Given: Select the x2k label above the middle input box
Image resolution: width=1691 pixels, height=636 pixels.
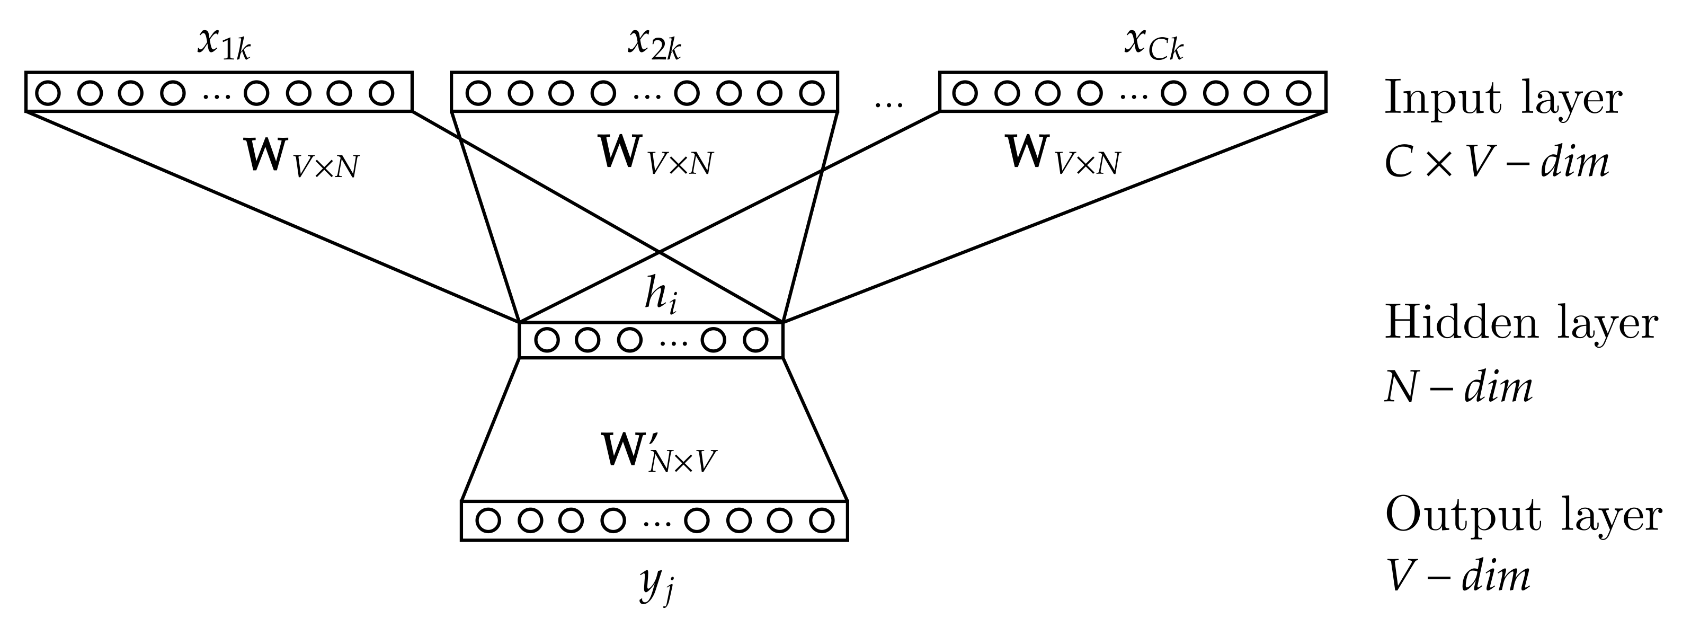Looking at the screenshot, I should point(654,45).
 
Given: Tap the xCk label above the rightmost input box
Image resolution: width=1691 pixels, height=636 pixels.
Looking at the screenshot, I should point(1153,45).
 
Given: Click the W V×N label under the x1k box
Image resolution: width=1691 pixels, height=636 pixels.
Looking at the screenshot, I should point(301,158).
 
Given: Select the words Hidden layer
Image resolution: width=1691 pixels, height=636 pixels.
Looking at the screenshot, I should point(1520,324).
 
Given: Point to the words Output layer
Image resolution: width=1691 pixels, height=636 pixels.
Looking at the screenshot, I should point(1523,516).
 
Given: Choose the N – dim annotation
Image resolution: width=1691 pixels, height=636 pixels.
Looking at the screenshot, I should point(1458,387).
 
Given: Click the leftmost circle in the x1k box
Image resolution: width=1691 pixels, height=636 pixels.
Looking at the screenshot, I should point(47,93).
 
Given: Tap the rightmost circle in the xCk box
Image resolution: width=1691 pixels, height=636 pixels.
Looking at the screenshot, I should point(1298,93).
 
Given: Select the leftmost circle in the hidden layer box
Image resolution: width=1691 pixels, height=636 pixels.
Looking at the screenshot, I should point(547,340).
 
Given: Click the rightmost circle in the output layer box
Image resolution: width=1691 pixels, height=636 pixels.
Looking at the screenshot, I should point(821,521).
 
